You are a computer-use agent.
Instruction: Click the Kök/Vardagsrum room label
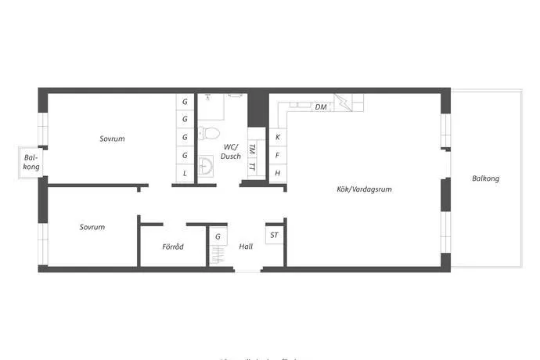coord(364,189)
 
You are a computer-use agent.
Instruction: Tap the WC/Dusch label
coord(230,152)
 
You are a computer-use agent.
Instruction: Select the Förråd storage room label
coord(173,247)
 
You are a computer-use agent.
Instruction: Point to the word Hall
coord(246,247)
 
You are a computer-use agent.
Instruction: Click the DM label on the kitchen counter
coord(321,107)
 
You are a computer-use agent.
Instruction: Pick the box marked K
coord(277,137)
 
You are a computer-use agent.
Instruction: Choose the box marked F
coord(277,155)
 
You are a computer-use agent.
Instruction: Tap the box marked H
coord(277,173)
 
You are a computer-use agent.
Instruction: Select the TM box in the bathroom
coord(252,149)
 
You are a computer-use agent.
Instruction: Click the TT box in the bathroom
coord(252,167)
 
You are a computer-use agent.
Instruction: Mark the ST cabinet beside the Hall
coord(274,235)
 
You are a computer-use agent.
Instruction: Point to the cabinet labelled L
coord(185,173)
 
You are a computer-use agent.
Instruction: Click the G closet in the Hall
coord(218,236)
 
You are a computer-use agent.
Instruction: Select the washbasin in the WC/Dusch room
coord(207,167)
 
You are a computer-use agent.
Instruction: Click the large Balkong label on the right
coord(485,178)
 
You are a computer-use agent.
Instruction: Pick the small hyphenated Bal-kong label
coord(31,163)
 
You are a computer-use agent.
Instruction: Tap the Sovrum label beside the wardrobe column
coord(112,139)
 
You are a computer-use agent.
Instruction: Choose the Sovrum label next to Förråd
coord(92,227)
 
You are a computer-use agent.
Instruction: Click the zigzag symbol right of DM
coord(342,102)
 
